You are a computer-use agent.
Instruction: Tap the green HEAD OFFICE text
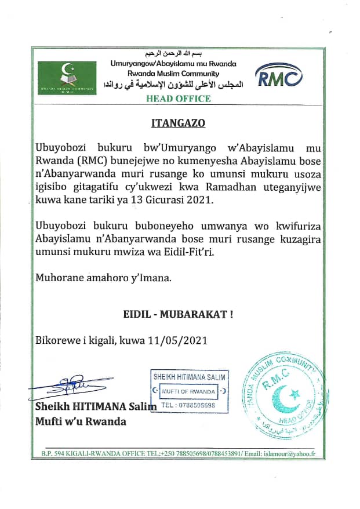click(x=179, y=99)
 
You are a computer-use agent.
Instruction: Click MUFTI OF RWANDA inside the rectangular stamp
click(x=187, y=391)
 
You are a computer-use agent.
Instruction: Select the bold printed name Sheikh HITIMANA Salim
click(x=96, y=406)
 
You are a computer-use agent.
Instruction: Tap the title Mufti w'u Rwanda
click(x=81, y=421)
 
